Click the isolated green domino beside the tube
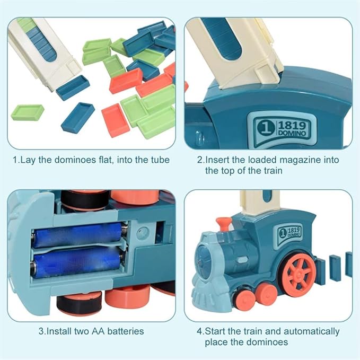tap(28, 112)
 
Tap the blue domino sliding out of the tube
tap(72, 87)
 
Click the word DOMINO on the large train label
tap(292, 135)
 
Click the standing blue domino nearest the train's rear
tap(320, 266)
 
